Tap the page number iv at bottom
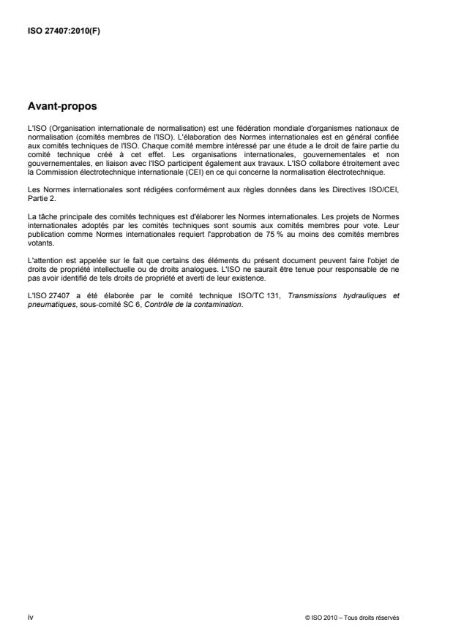(30, 618)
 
